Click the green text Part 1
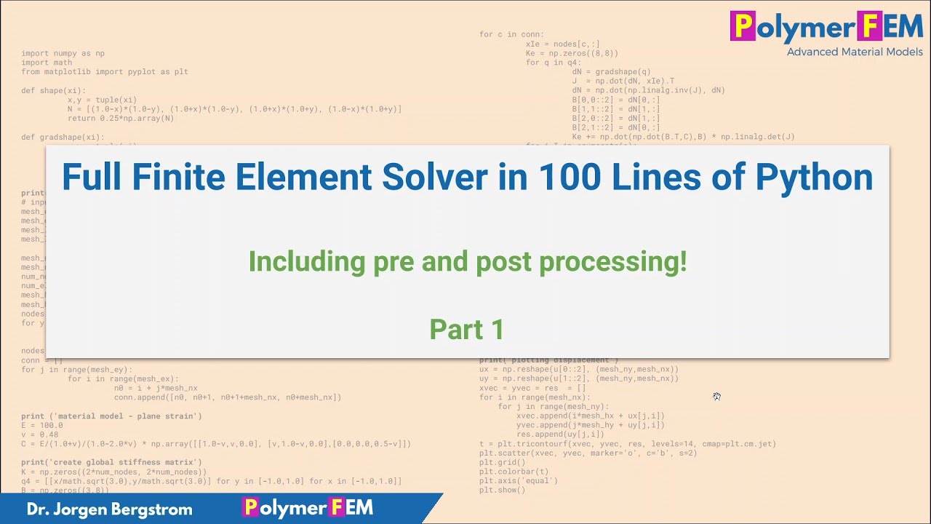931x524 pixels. pyautogui.click(x=466, y=329)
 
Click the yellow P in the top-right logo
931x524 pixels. pyautogui.click(x=743, y=26)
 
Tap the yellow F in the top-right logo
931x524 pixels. pyautogui.click(x=869, y=26)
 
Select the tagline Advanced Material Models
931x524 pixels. pyautogui.click(x=854, y=52)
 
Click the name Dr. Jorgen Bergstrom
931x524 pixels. pyautogui.click(x=110, y=509)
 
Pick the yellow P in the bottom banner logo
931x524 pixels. pyautogui.click(x=250, y=507)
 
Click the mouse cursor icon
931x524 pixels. pyautogui.click(x=716, y=396)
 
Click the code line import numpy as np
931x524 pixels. pyautogui.click(x=63, y=54)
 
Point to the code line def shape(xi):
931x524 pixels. pyautogui.click(x=53, y=90)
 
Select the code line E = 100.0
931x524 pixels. pyautogui.click(x=42, y=425)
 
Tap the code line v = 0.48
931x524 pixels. pyautogui.click(x=40, y=434)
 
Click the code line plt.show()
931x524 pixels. pyautogui.click(x=502, y=490)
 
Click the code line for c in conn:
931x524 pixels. pyautogui.click(x=511, y=34)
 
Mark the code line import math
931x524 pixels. pyautogui.click(x=47, y=63)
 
